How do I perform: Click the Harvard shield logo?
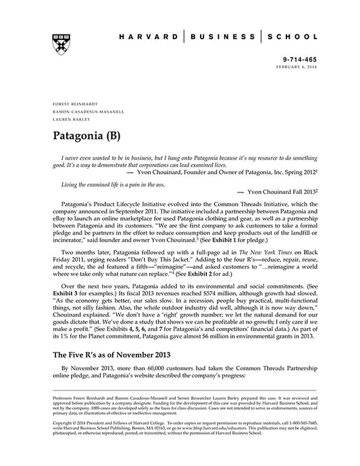pos(57,39)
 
